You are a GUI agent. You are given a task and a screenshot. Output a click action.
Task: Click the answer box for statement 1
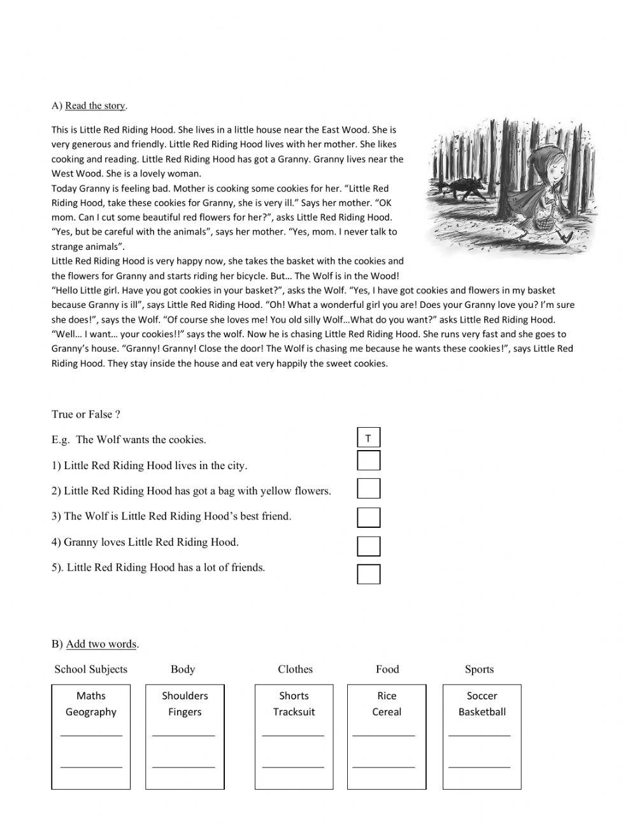tap(368, 460)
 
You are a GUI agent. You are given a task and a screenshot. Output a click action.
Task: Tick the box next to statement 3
tap(368, 517)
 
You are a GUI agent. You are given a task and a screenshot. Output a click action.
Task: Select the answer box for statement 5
tap(368, 574)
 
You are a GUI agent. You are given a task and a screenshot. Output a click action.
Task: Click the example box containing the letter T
tap(368, 438)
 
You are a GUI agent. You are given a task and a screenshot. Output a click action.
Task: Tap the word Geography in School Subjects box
tap(91, 712)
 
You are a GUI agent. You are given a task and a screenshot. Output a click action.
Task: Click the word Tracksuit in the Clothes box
tap(294, 712)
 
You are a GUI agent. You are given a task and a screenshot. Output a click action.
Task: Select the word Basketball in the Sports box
tap(482, 712)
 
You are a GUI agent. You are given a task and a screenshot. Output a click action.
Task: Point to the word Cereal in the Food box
tap(387, 712)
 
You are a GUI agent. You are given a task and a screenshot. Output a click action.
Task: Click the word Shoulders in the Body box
tap(185, 696)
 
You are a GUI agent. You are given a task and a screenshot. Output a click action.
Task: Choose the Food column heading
tap(387, 669)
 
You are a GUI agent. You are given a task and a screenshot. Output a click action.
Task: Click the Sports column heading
tap(479, 669)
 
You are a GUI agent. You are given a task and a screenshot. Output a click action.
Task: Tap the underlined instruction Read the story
tap(96, 106)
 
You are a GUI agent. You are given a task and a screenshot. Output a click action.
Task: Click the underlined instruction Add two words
tap(101, 644)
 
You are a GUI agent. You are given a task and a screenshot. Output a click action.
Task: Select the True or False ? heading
tap(86, 414)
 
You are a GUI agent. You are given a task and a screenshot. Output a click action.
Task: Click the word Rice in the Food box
tap(387, 696)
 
